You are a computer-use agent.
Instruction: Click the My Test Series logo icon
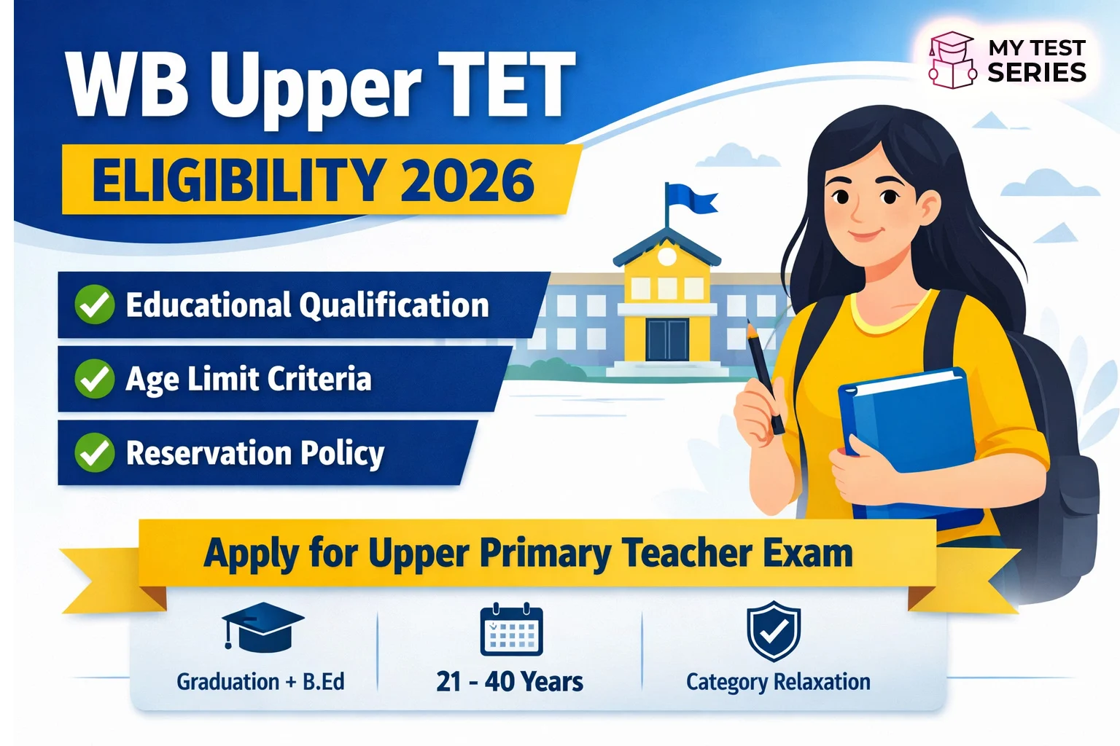952,60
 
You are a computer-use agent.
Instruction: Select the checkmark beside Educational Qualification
95,305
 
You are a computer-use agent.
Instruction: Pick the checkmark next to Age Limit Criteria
95,379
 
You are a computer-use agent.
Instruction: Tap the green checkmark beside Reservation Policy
95,452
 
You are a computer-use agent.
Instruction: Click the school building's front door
666,339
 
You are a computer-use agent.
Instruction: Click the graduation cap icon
262,626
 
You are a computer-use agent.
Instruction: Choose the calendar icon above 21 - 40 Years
511,630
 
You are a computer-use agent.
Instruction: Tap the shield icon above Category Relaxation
774,630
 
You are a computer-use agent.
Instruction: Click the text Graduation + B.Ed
260,682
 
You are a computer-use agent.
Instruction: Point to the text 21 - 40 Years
510,682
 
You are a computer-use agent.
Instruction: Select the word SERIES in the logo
1036,73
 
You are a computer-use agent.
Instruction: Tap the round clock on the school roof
666,256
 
